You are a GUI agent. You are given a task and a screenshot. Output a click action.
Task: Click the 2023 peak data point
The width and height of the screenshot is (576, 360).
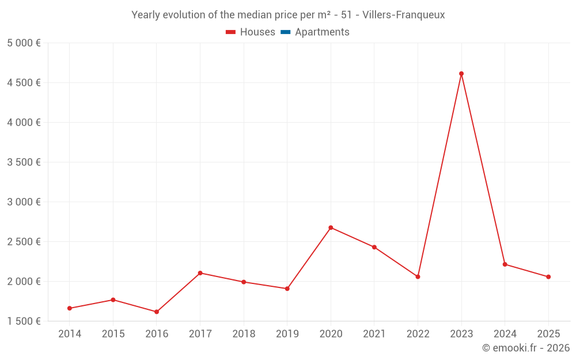[461, 74]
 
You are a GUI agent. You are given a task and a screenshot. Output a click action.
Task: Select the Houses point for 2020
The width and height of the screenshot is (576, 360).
[331, 228]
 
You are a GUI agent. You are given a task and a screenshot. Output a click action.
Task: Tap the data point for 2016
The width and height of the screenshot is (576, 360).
[157, 312]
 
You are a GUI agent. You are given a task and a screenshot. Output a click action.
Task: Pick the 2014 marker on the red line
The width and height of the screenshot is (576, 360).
[70, 308]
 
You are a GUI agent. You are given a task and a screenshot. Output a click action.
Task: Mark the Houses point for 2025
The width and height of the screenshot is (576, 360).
[548, 277]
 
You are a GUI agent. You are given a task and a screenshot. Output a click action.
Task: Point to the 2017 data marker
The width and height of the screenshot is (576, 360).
[200, 273]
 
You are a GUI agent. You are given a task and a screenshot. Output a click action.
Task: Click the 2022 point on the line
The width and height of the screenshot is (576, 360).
[418, 277]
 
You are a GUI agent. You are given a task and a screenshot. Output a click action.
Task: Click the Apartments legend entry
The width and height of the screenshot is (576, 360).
[321, 32]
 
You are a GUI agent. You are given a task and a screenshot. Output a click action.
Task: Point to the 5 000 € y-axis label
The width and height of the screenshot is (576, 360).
[24, 43]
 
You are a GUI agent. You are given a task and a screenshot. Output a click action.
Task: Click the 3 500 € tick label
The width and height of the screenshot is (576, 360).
[24, 162]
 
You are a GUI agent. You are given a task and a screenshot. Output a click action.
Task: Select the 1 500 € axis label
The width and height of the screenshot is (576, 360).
[24, 321]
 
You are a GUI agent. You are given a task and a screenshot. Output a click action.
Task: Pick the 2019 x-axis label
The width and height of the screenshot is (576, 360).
[287, 334]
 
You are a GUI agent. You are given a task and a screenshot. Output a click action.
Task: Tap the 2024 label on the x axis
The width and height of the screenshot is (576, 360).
[505, 334]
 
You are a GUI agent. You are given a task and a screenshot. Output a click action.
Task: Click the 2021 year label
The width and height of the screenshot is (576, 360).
[374, 334]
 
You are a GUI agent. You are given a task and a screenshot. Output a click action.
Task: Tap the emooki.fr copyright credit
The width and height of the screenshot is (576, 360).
[525, 348]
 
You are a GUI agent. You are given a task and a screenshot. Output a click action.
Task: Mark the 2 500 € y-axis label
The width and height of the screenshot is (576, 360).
[24, 242]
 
